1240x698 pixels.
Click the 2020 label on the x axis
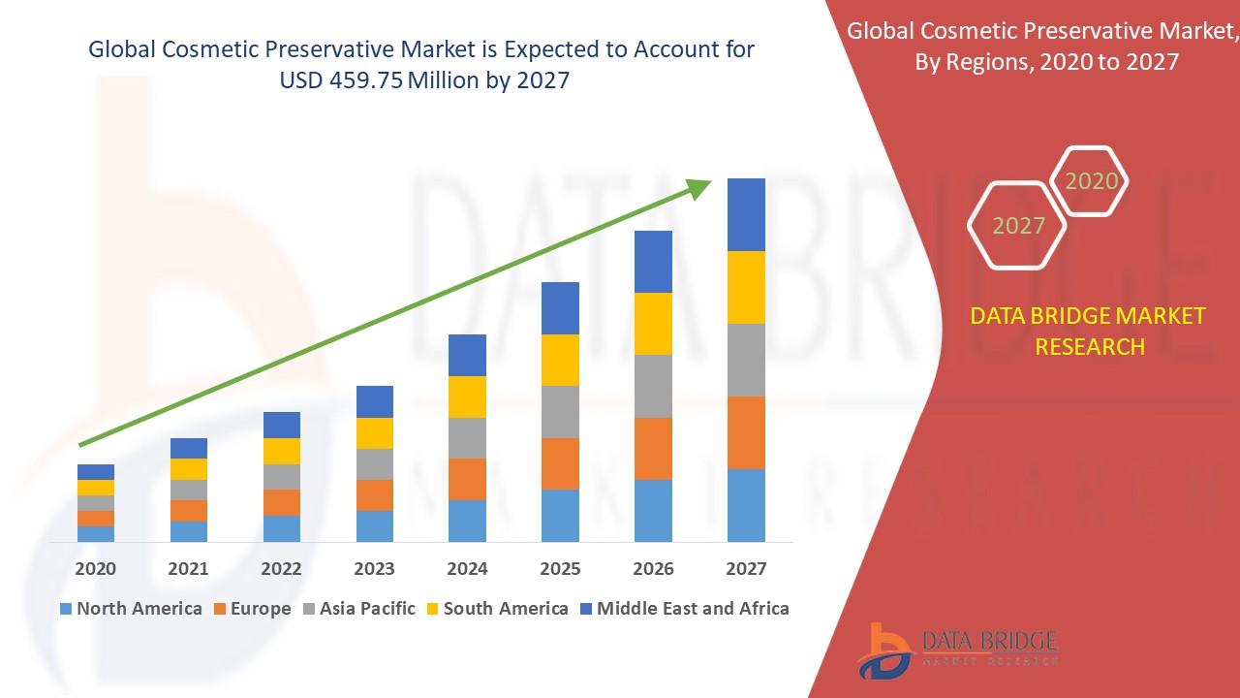tap(96, 569)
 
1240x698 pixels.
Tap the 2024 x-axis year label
tap(467, 569)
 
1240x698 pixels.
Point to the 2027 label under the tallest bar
tap(746, 569)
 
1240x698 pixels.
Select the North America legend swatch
tap(66, 609)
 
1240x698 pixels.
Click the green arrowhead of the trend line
tap(699, 187)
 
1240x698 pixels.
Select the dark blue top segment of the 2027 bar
tap(746, 214)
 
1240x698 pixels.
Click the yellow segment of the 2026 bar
tap(653, 324)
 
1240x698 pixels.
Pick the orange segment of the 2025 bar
tap(560, 463)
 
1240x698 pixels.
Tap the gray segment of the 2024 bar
tap(467, 438)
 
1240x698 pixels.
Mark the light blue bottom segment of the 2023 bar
tap(375, 525)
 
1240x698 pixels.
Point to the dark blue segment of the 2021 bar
tap(189, 448)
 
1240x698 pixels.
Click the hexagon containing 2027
tap(1017, 226)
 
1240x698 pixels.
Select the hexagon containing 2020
tap(1091, 181)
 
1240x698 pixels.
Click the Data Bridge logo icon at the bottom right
tap(883, 650)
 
